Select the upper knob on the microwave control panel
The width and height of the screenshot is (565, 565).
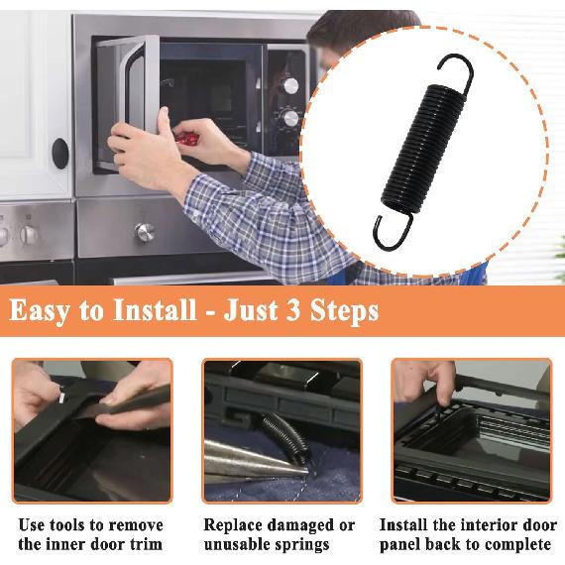coord(290,86)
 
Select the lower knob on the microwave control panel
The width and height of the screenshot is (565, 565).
coord(290,119)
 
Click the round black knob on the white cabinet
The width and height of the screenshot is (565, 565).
coord(60,154)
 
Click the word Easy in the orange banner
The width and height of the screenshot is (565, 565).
coord(39,311)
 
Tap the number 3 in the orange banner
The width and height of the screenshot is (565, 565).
coord(293,309)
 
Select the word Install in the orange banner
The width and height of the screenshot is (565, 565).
coord(155,309)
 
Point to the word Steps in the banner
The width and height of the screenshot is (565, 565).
coord(344,311)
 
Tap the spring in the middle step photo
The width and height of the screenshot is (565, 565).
coord(284,437)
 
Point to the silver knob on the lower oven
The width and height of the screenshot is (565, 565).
coord(145,232)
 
